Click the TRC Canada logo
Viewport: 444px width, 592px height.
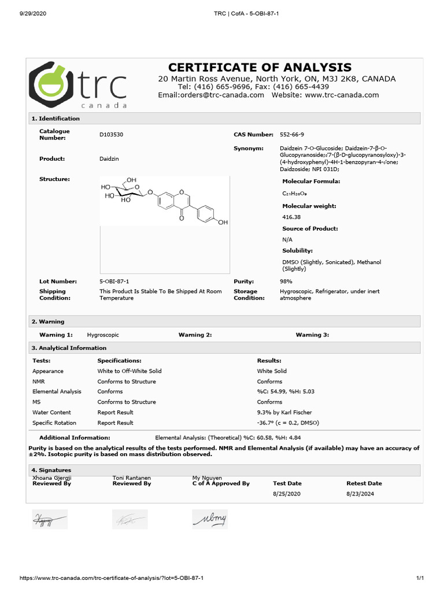pos(77,85)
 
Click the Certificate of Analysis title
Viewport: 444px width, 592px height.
pos(260,68)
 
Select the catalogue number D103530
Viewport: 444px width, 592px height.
pos(112,134)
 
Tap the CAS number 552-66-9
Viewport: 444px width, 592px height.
pos(291,134)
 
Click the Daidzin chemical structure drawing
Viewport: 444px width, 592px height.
pos(165,201)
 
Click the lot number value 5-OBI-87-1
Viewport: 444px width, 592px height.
pos(114,281)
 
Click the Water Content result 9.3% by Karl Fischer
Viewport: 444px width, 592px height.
pos(284,412)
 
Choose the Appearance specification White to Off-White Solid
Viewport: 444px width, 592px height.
pos(129,371)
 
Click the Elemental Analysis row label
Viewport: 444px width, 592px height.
pos(57,391)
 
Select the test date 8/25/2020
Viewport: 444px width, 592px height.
pos(287,494)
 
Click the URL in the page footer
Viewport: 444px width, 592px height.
pos(112,578)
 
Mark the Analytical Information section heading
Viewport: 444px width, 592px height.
pos(69,348)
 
